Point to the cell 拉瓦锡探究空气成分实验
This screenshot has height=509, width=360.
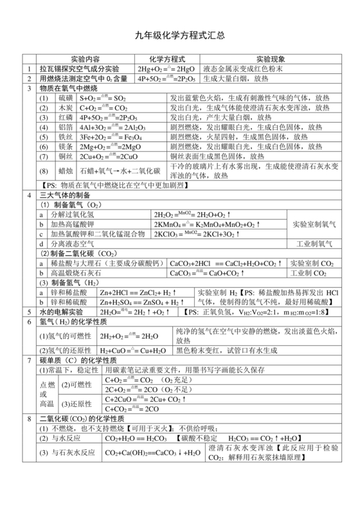point(79,69)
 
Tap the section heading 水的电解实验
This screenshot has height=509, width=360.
point(62,312)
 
